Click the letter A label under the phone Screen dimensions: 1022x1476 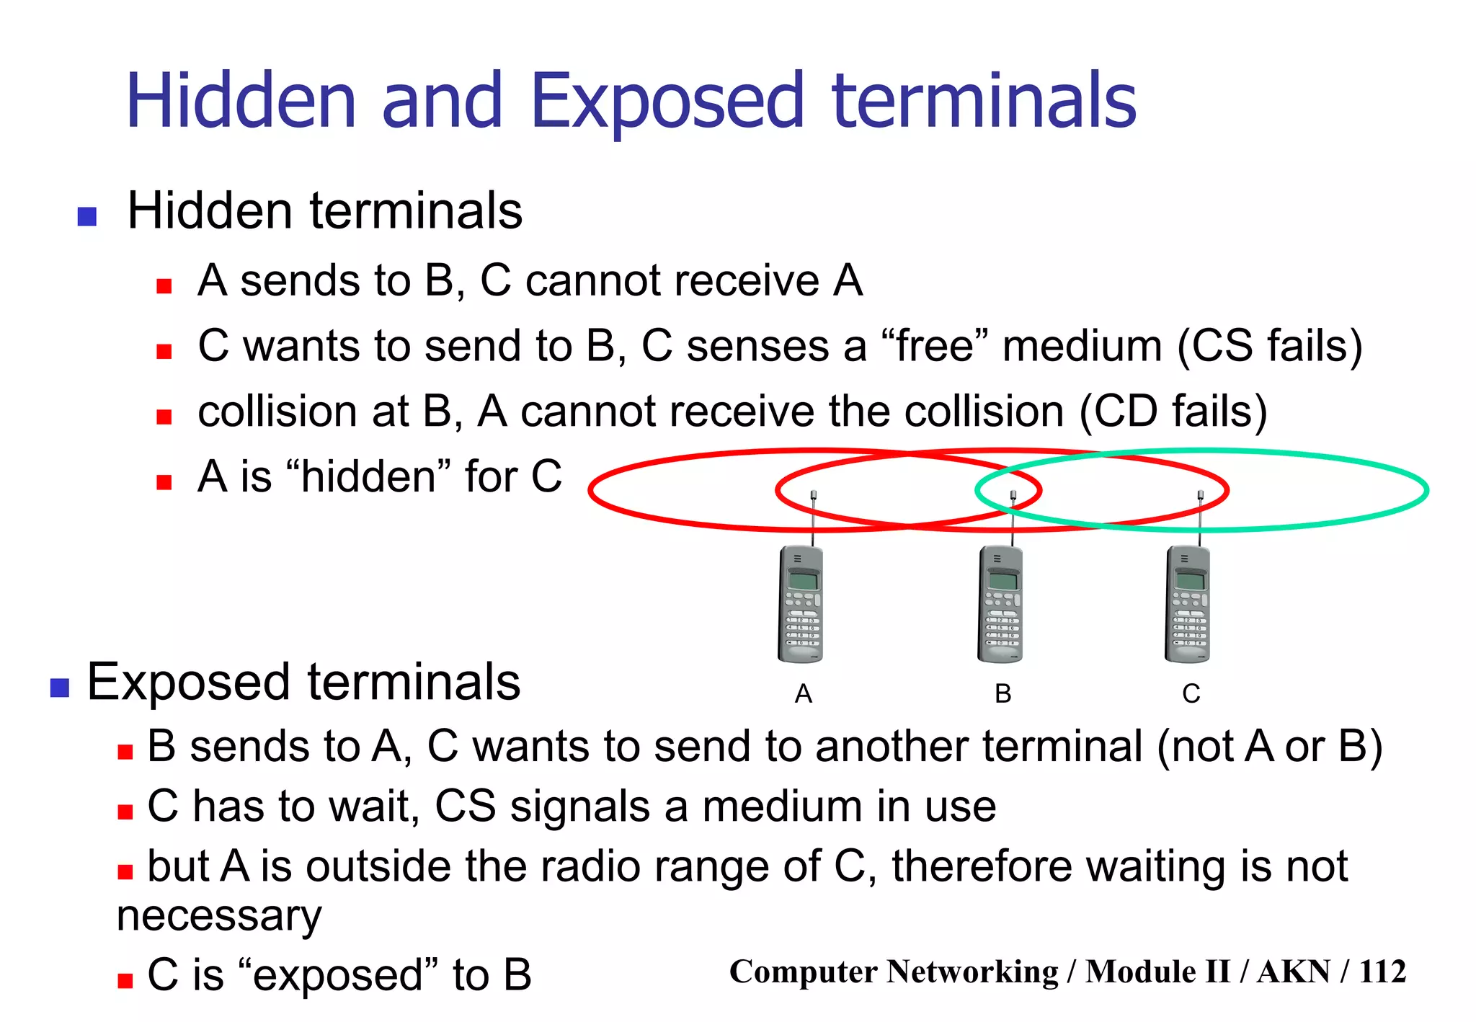(x=803, y=694)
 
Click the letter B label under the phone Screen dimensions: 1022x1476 (x=1002, y=694)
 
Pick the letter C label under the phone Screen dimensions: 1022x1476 (x=1191, y=694)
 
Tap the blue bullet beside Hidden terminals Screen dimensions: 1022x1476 (x=87, y=216)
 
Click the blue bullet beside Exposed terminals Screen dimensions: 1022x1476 (x=60, y=688)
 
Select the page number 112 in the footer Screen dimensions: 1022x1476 (x=1382, y=972)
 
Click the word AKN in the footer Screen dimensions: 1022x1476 (x=1293, y=972)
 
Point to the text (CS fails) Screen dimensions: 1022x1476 (x=1270, y=347)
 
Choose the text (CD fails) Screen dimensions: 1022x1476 (x=1173, y=412)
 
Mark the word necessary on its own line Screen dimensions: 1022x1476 (x=219, y=917)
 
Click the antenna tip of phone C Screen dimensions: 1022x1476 (x=1201, y=494)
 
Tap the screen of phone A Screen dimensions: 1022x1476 (x=803, y=580)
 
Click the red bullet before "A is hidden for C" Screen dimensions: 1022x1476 (x=164, y=482)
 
